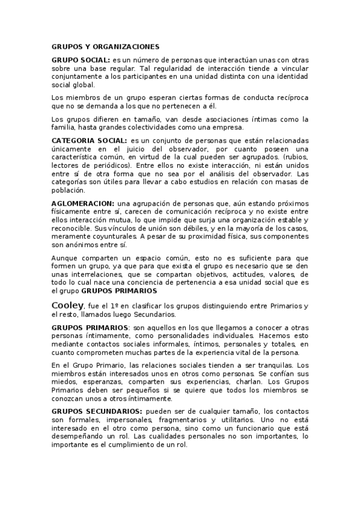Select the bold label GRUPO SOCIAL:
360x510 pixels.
81,60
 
